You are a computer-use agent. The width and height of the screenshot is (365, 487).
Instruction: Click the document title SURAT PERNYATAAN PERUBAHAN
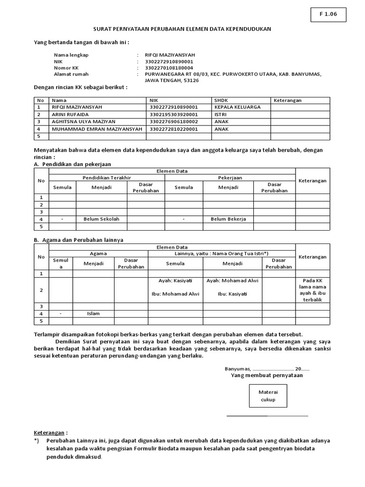[x=182, y=29]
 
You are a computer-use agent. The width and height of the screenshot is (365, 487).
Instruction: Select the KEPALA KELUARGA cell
[x=238, y=107]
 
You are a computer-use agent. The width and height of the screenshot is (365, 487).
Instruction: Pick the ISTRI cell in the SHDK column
[x=221, y=114]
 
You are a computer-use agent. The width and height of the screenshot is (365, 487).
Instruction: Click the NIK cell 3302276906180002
[x=173, y=122]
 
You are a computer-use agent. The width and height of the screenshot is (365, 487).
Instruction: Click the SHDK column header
[x=221, y=100]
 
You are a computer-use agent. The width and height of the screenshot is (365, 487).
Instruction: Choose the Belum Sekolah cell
[x=101, y=219]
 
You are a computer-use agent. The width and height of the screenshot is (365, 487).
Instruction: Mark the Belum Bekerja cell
[x=228, y=219]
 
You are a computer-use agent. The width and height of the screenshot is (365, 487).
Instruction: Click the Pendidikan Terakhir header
[x=106, y=177]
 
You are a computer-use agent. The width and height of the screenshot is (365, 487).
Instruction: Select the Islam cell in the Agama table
[x=93, y=314]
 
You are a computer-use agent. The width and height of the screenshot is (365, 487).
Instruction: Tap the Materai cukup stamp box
[x=268, y=396]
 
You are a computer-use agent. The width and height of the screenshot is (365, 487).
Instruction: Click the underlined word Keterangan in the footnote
[x=49, y=433]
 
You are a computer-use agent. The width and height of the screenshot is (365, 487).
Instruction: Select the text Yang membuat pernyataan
[x=267, y=375]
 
